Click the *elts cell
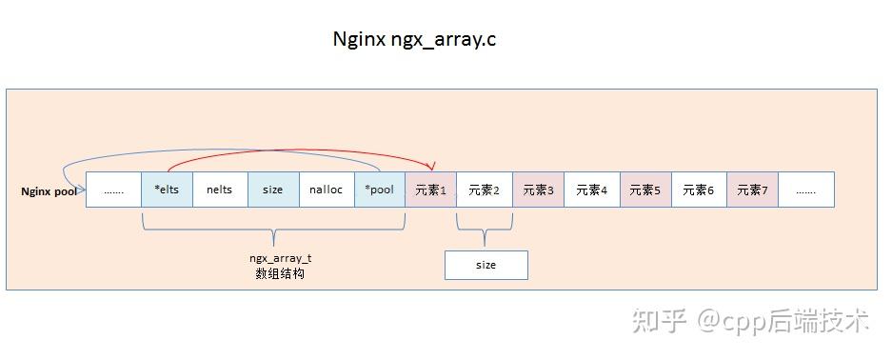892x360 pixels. point(167,190)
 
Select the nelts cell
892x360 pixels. point(219,190)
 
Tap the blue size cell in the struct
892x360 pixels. point(273,190)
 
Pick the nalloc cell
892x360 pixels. point(326,190)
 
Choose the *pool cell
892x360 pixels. point(379,190)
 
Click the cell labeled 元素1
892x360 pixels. point(430,190)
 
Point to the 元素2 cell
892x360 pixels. point(484,190)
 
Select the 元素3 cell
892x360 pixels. point(538,190)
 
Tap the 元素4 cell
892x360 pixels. point(591,190)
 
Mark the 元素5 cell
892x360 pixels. point(644,190)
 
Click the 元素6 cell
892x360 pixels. point(698,190)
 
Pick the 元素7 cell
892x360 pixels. point(752,190)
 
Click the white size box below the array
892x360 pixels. point(486,265)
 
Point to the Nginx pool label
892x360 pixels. point(49,190)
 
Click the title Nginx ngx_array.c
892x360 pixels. point(414,39)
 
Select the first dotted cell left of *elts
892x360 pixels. point(113,190)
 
